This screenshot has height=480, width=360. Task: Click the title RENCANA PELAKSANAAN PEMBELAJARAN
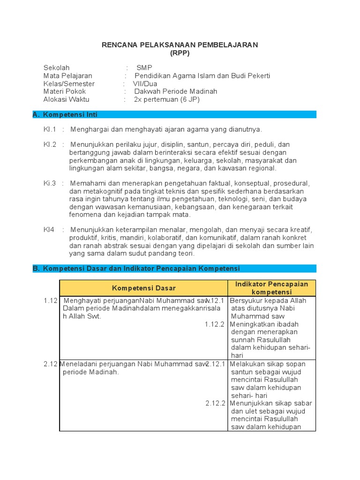tap(180, 45)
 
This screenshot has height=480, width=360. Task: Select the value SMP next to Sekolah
tap(141, 67)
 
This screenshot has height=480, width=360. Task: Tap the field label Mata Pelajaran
tap(67, 75)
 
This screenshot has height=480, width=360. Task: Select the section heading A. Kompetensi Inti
tap(65, 114)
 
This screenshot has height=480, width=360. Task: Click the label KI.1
tap(50, 129)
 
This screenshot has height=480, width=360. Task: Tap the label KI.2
tap(50, 144)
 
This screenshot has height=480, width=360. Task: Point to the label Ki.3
tap(50, 183)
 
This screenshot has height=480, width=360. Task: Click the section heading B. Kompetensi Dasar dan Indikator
tap(136, 268)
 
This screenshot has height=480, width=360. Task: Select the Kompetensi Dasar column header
tap(143, 287)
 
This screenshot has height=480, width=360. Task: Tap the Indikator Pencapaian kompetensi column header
tap(272, 288)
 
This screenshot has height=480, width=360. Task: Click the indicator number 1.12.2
tap(215, 324)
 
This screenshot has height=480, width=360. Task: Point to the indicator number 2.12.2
tap(216, 403)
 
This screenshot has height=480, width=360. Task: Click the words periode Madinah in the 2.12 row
tap(90, 372)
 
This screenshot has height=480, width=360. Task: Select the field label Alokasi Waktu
tap(66, 99)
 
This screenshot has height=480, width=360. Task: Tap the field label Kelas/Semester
tap(69, 83)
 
